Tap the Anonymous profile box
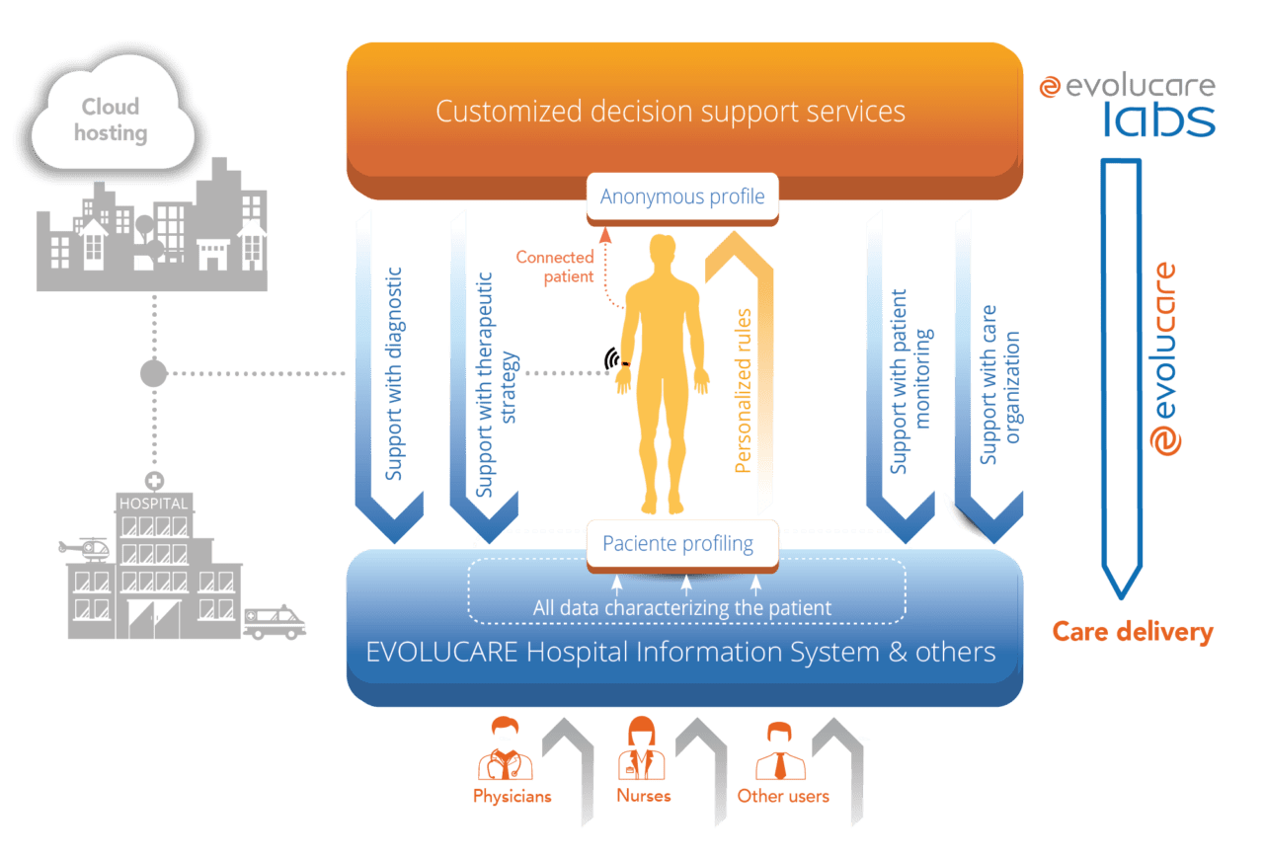pyautogui.click(x=682, y=196)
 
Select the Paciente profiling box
pyautogui.click(x=678, y=544)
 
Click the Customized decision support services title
pyautogui.click(x=671, y=111)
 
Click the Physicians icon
pyautogui.click(x=506, y=751)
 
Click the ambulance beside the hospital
pyautogui.click(x=275, y=621)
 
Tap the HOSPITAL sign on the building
pyautogui.click(x=152, y=503)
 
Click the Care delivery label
pyautogui.click(x=1132, y=632)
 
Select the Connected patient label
pyautogui.click(x=555, y=267)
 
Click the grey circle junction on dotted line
pyautogui.click(x=153, y=373)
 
